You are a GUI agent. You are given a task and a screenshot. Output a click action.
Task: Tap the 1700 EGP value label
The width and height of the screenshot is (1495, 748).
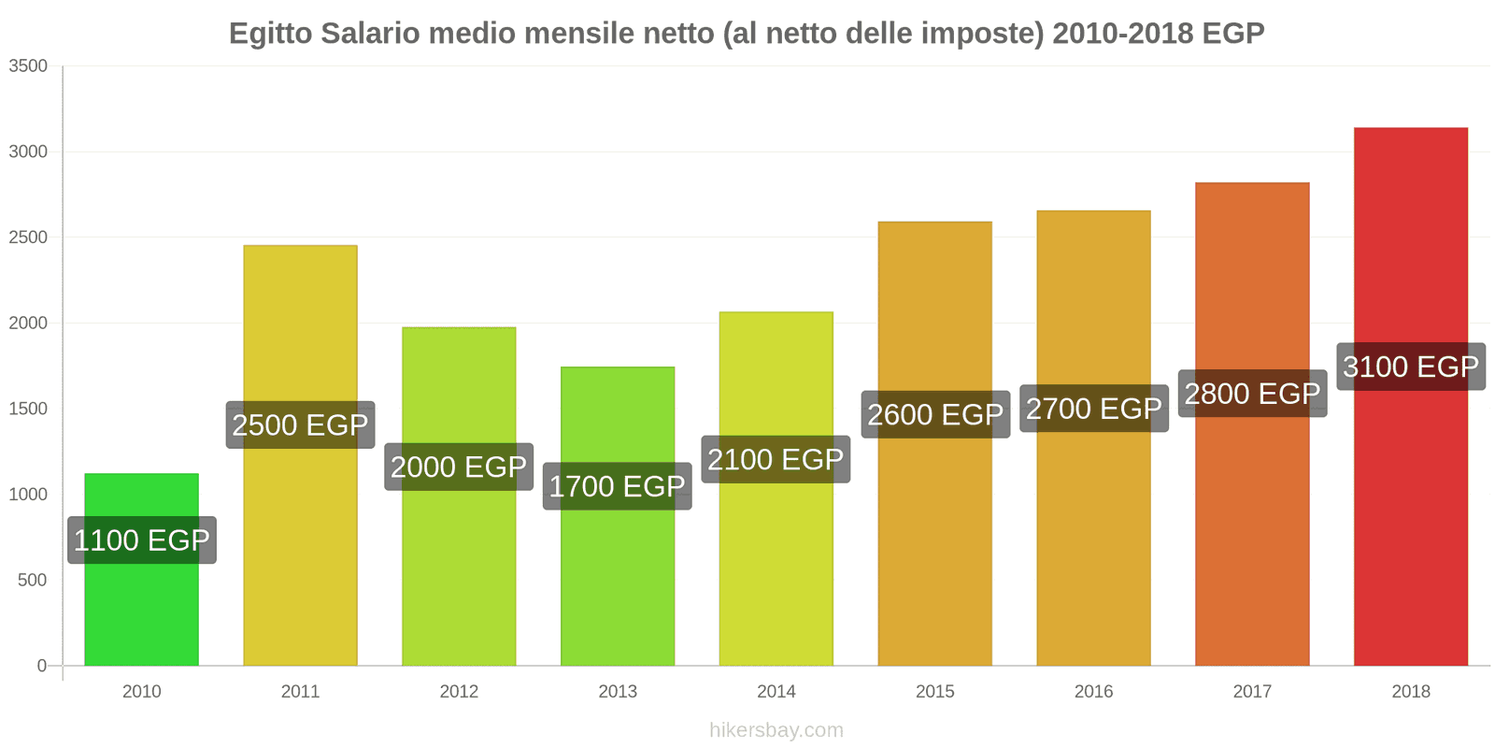coord(618,486)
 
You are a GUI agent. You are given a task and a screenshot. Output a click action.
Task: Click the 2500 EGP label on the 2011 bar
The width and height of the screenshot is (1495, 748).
coord(300,425)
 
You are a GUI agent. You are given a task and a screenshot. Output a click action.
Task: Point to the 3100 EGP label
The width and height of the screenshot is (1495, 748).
coord(1410,367)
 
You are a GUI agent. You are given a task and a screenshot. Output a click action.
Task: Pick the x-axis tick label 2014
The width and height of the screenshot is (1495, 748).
coord(776,692)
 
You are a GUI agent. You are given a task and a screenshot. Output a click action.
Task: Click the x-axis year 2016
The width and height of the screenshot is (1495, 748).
coord(1093,692)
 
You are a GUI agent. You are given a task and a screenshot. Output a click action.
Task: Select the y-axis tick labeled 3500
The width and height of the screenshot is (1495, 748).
coord(28,66)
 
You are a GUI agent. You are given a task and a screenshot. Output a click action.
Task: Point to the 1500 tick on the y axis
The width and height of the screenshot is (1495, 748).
coord(28,409)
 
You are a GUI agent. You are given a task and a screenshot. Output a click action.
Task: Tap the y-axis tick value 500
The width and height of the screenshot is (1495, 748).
coord(32,580)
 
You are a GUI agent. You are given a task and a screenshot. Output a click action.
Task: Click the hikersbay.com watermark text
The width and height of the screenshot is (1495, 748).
coord(776,730)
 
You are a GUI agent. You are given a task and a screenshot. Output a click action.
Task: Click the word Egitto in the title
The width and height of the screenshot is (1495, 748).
coord(270,34)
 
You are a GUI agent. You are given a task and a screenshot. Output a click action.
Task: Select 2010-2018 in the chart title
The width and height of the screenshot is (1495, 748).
coord(1122,34)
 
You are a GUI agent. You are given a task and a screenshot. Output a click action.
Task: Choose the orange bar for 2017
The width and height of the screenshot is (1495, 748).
coord(1252,542)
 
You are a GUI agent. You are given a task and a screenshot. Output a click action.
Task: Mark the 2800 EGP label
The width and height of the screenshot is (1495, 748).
coord(1252,394)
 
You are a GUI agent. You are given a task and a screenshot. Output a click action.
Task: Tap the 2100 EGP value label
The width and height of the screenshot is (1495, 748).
coord(776,460)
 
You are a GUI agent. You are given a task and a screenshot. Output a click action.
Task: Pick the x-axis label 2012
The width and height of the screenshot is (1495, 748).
coord(459,692)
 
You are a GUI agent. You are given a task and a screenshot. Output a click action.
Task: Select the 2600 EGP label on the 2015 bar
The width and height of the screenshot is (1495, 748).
coord(934,414)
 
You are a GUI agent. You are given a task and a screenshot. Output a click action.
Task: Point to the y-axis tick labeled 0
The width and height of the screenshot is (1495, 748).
coord(41,666)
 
